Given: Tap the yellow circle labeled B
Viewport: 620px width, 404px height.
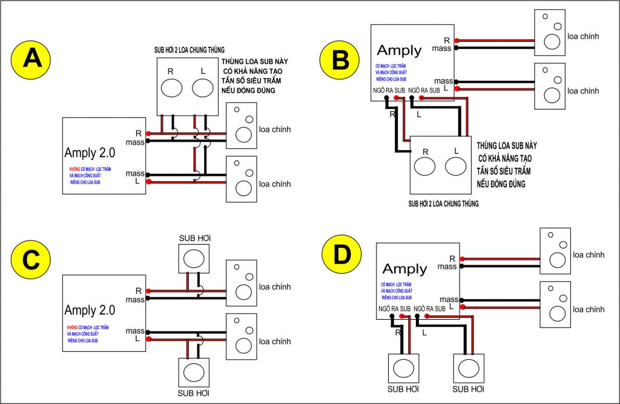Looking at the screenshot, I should tap(340, 59).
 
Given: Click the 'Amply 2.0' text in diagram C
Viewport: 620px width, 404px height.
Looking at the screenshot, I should tap(90, 311).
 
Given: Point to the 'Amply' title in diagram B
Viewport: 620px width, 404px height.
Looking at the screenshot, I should tap(399, 50).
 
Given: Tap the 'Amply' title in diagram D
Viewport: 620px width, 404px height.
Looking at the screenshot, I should tap(404, 268).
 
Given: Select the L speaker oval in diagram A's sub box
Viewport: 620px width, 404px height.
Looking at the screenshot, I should tap(203, 88).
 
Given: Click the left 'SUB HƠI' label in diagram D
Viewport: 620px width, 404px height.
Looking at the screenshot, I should tap(403, 388).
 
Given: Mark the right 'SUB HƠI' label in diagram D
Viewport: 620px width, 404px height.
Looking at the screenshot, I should tap(468, 388).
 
